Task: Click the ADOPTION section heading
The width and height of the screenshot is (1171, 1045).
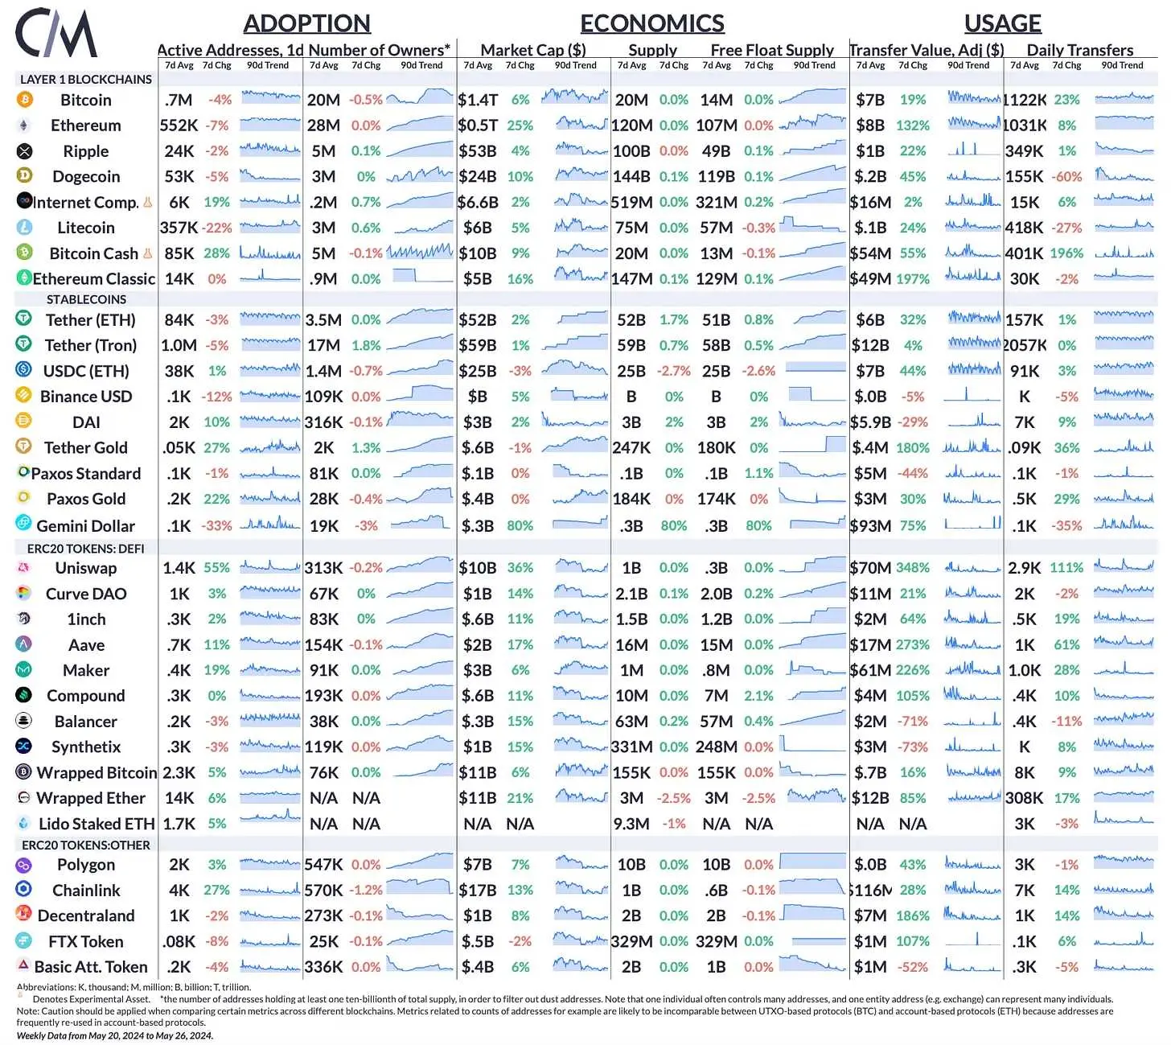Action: coord(306,23)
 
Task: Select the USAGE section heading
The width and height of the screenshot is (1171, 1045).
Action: coord(1002,23)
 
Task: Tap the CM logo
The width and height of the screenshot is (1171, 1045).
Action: coord(56,34)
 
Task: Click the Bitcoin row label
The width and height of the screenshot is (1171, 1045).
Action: coord(86,101)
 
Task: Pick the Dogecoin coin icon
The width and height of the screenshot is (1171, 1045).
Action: coord(25,176)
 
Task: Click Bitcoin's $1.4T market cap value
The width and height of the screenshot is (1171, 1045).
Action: coord(478,101)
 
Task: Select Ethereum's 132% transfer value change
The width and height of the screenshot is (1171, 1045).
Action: coord(913,125)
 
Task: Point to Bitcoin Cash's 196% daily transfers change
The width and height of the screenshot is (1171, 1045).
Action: coord(1066,253)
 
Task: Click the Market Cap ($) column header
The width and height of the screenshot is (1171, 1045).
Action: coord(533,50)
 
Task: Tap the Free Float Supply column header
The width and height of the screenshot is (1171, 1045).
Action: coord(772,50)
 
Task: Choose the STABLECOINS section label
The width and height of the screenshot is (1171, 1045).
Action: coord(86,299)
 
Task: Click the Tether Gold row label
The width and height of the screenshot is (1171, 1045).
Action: coord(86,448)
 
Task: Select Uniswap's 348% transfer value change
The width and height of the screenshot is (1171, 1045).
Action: coord(913,568)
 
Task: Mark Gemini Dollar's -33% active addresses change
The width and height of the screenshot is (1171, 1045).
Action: coord(217,526)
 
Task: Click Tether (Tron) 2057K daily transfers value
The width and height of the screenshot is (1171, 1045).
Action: coord(1025,346)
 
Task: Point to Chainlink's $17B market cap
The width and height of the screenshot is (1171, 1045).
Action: coord(478,891)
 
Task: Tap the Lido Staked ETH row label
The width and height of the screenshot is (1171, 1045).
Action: coord(97,824)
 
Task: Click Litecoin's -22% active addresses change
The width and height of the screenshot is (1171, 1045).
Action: coord(217,228)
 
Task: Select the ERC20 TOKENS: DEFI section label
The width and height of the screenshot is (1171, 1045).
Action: coord(86,549)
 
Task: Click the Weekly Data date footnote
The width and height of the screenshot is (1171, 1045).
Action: coord(115,1035)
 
